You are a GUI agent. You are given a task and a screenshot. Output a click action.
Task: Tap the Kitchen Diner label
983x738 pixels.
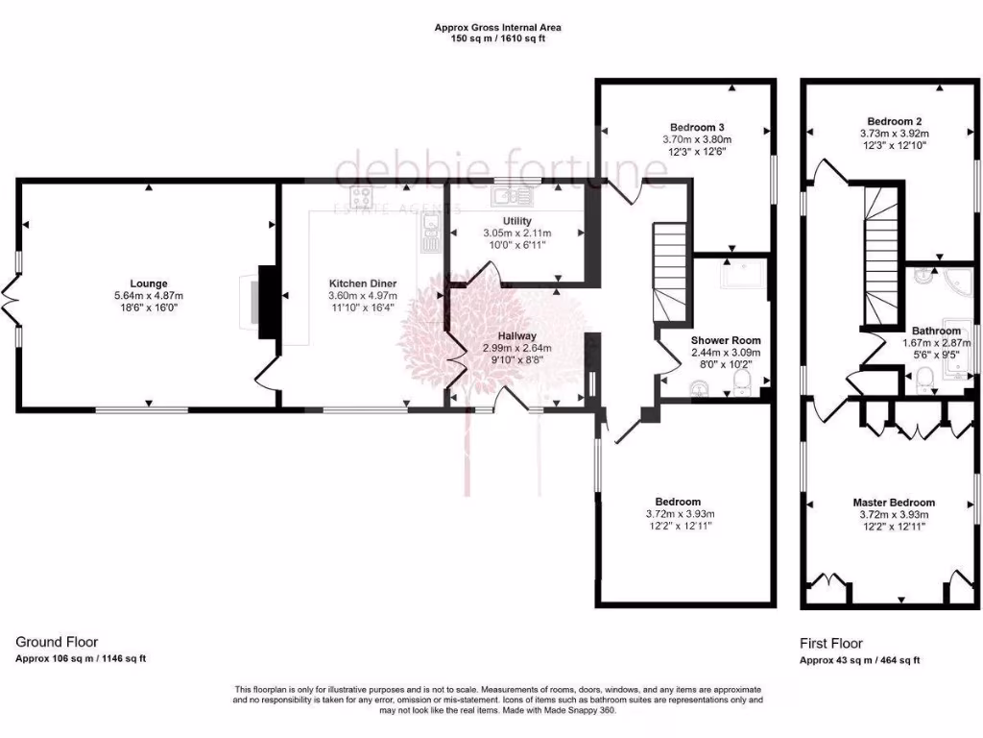362,283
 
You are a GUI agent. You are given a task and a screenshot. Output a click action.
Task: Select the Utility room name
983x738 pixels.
517,221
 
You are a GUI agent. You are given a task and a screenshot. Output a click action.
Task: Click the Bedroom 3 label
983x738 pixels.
696,127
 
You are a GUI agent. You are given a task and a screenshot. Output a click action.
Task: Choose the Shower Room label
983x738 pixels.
726,340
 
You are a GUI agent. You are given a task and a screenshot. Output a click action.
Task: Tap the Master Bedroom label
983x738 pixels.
893,503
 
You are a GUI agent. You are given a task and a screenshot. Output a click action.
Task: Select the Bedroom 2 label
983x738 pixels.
890,121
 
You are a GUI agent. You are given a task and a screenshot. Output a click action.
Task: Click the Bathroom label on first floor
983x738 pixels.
936,330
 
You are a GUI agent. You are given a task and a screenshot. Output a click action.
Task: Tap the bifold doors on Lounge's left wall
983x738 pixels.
13,299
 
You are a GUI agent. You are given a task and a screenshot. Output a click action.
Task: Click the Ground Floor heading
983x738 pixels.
57,642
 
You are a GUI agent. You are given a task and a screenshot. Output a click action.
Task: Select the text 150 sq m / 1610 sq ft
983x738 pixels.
498,39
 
